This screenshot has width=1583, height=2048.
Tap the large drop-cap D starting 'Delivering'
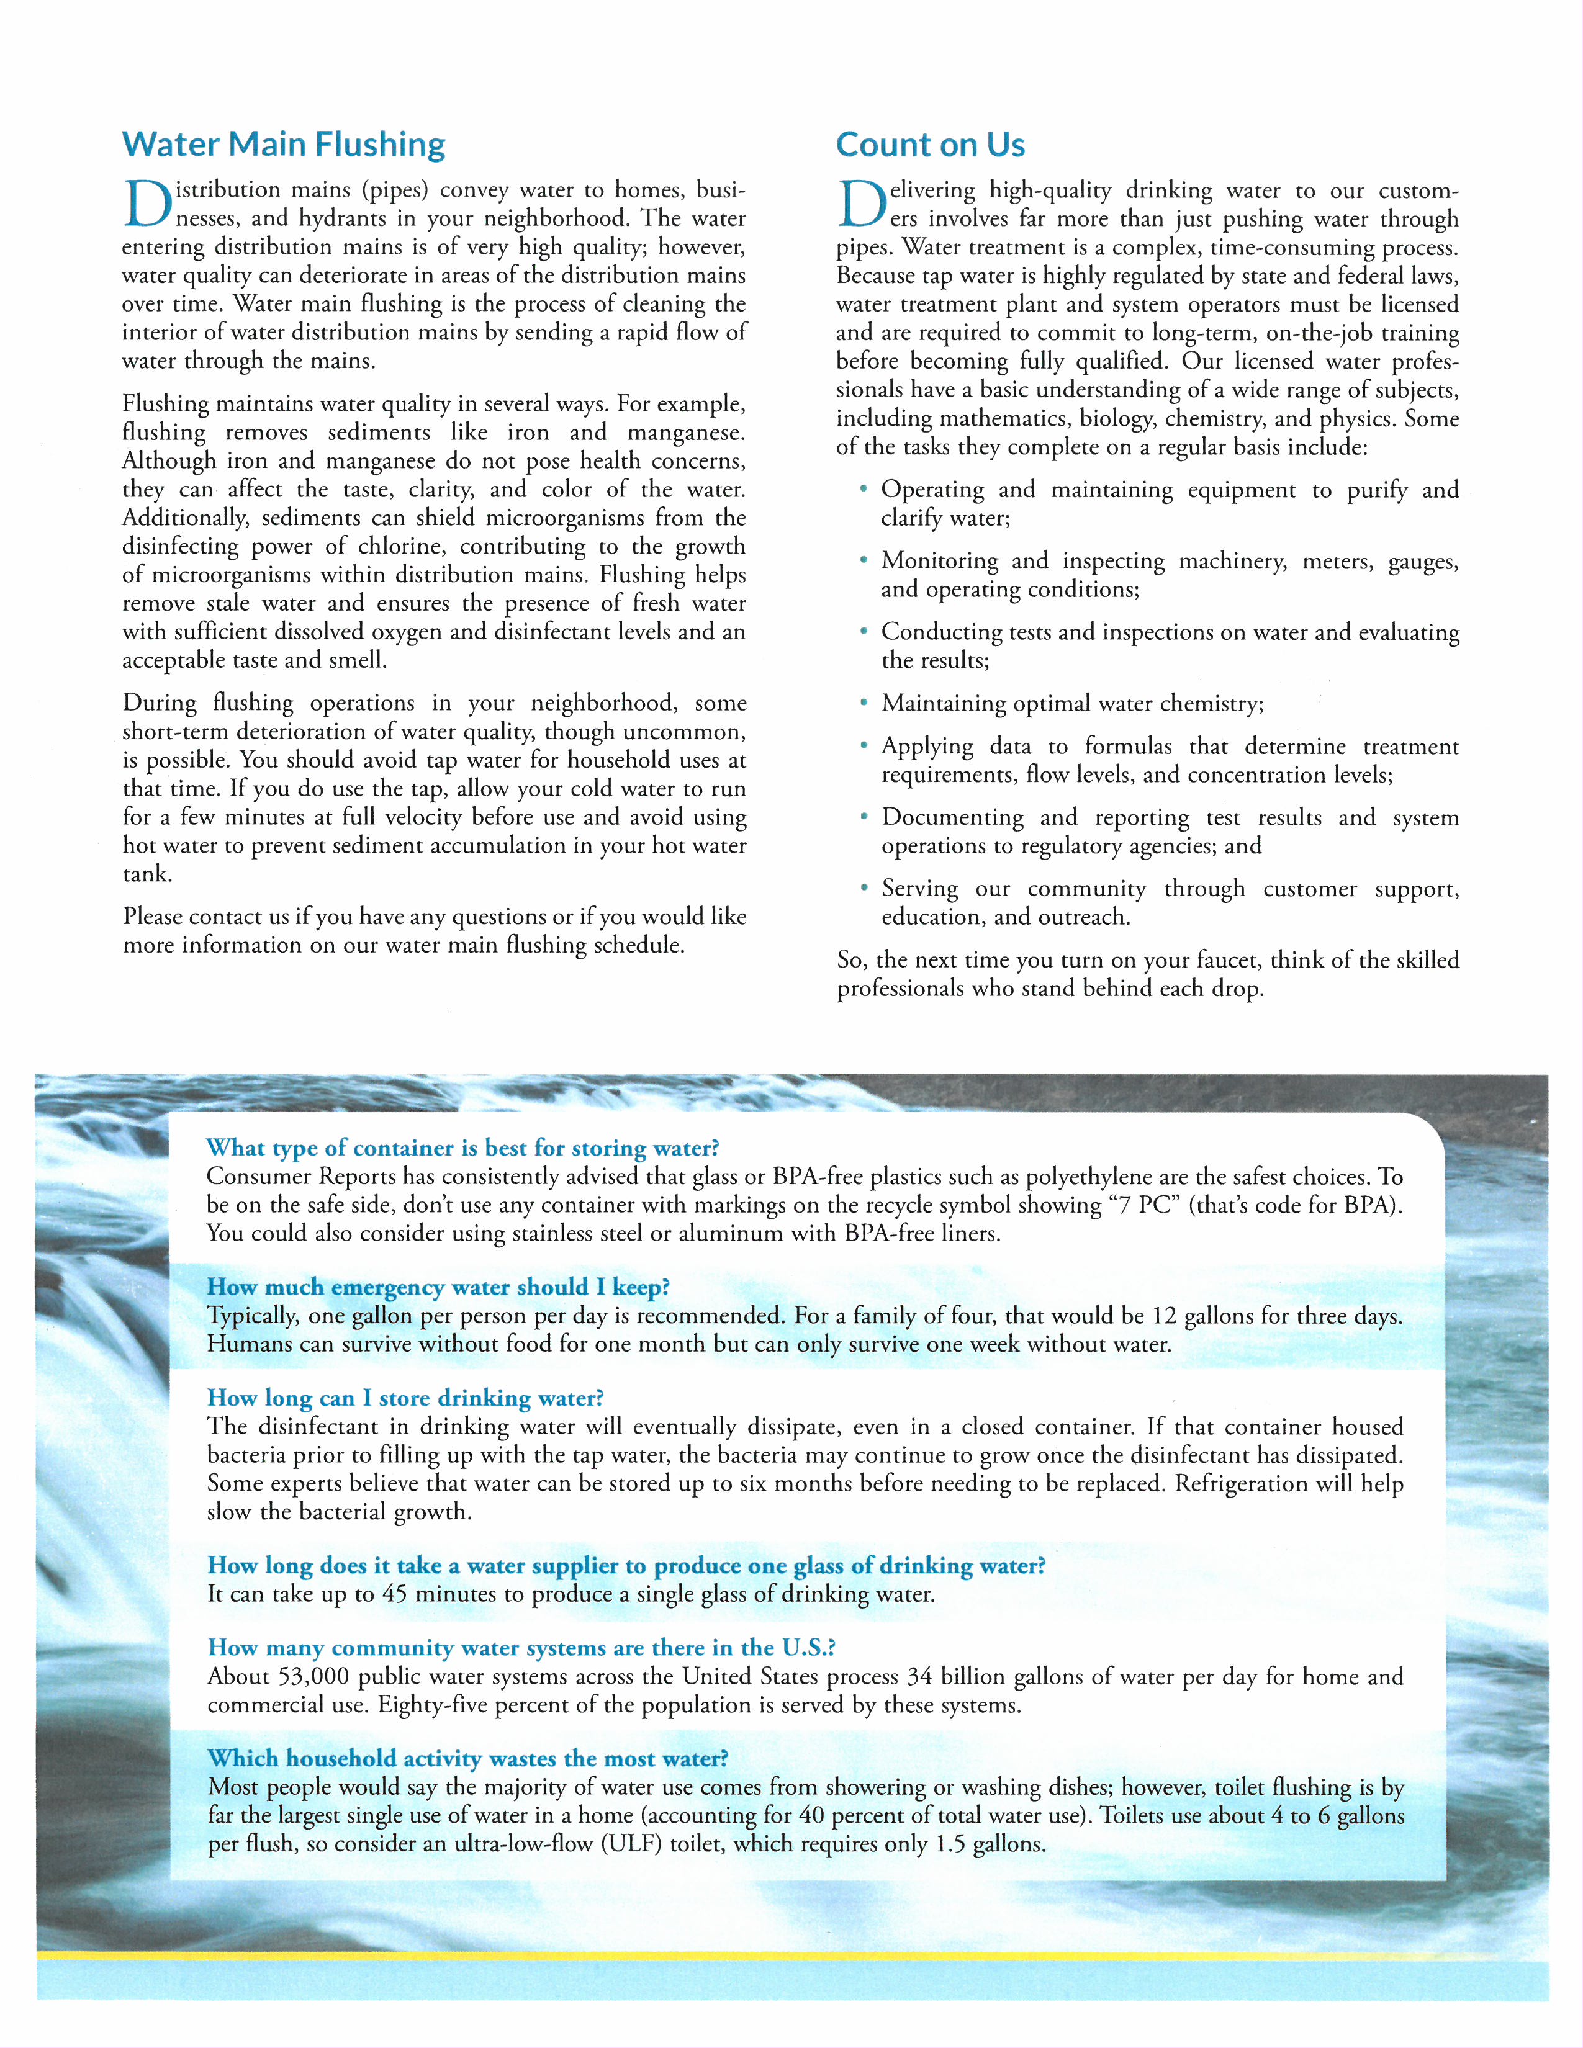tap(861, 204)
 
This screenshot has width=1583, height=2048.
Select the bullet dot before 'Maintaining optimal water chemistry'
tap(863, 703)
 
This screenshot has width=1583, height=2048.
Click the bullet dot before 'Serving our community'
tap(863, 887)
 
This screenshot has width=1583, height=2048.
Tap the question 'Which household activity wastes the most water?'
tap(467, 1758)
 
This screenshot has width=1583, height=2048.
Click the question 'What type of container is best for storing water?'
tap(462, 1148)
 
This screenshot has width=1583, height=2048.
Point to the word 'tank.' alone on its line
tap(147, 873)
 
